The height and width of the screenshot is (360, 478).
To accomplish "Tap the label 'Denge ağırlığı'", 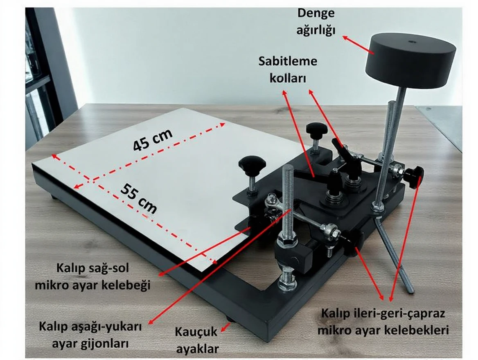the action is (316, 22).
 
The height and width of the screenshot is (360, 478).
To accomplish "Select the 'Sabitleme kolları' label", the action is (288, 70).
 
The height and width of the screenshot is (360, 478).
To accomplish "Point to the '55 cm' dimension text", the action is (139, 198).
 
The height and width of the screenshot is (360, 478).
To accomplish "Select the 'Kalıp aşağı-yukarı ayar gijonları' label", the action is (90, 335).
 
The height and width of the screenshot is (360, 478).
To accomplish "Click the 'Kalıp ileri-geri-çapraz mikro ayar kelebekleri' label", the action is (383, 322).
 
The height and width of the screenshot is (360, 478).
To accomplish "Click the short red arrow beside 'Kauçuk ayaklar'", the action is (226, 328).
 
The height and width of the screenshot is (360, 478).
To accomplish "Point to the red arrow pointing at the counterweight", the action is (358, 46).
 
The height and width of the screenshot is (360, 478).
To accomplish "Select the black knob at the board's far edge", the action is (317, 128).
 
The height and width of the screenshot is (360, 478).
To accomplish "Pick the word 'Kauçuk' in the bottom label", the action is (196, 332).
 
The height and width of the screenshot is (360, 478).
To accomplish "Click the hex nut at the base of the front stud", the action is (287, 286).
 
